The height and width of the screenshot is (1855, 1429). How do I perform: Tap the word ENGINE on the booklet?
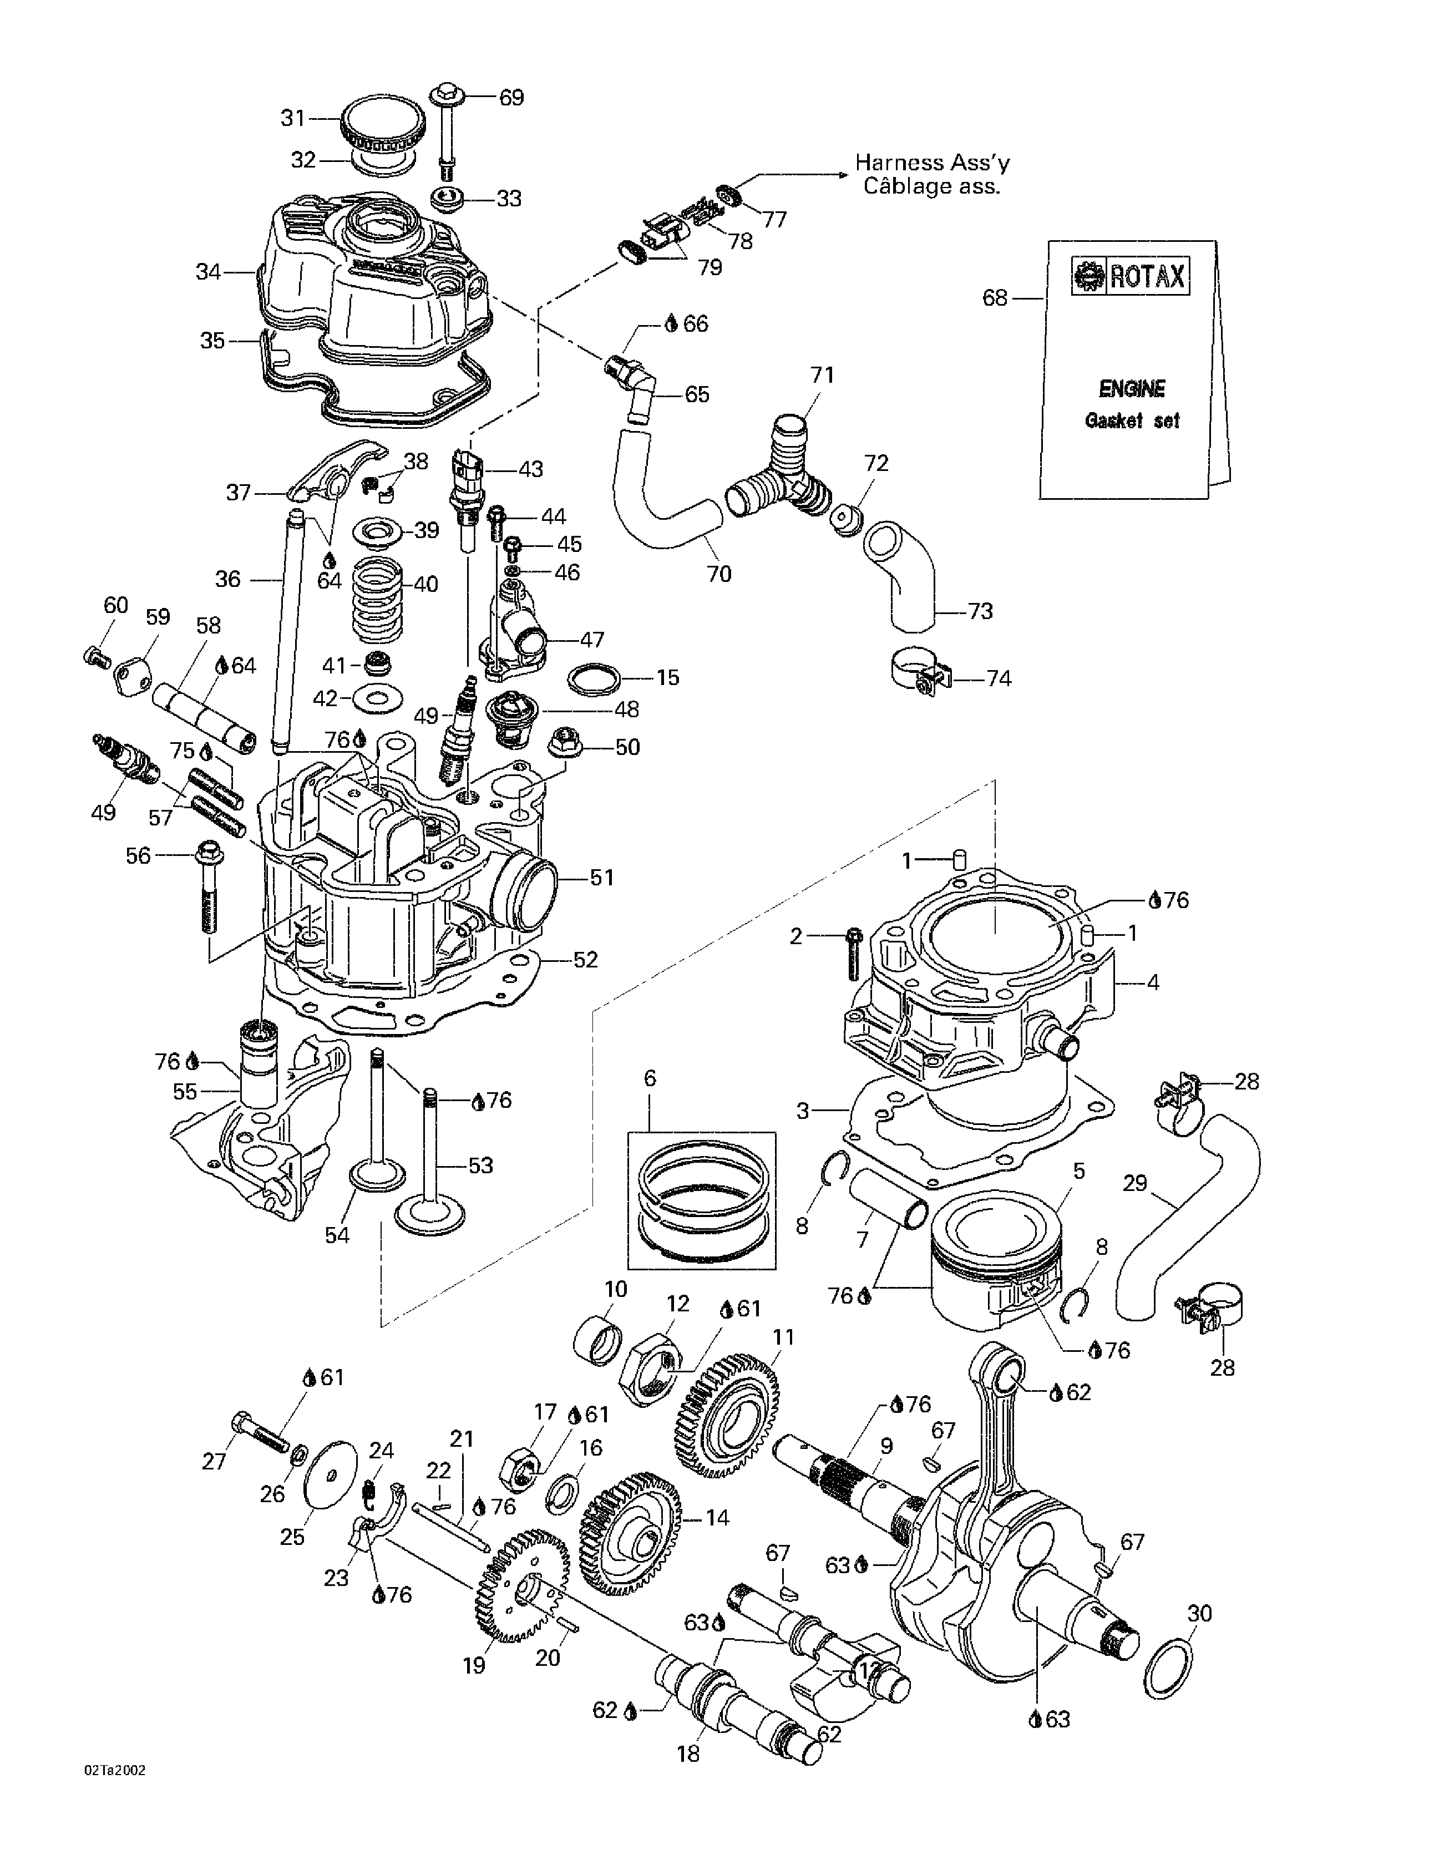click(1132, 389)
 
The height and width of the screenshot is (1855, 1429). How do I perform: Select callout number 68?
click(995, 298)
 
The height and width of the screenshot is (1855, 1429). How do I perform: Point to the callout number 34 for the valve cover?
click(208, 272)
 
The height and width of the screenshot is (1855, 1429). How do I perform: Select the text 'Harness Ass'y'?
click(932, 162)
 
